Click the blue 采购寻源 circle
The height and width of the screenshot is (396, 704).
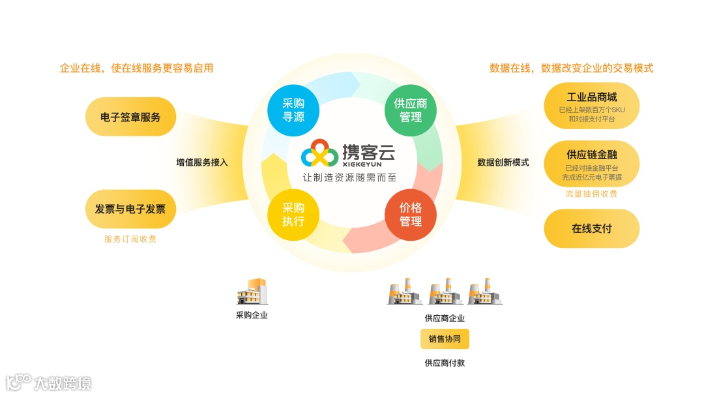pos(293,111)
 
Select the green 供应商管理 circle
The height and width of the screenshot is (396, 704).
pos(411,111)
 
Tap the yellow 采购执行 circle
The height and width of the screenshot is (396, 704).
pos(293,215)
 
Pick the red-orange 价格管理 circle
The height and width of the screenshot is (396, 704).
pos(411,215)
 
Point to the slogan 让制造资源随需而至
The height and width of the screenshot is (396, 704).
pos(349,177)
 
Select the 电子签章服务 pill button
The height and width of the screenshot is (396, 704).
pos(130,117)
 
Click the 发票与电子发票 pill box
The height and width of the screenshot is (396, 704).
pos(130,209)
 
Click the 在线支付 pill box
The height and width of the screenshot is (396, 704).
pos(591,229)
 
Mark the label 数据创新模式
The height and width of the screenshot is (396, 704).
pos(503,162)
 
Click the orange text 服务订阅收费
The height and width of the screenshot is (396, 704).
pos(130,239)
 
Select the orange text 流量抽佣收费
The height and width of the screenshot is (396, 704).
pos(591,194)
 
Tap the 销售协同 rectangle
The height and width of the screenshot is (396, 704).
pos(445,339)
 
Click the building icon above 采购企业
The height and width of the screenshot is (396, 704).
pos(252,292)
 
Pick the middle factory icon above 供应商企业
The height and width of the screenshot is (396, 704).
pos(445,293)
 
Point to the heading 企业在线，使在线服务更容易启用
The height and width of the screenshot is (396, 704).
pos(137,68)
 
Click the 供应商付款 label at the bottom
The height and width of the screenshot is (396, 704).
pos(445,363)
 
